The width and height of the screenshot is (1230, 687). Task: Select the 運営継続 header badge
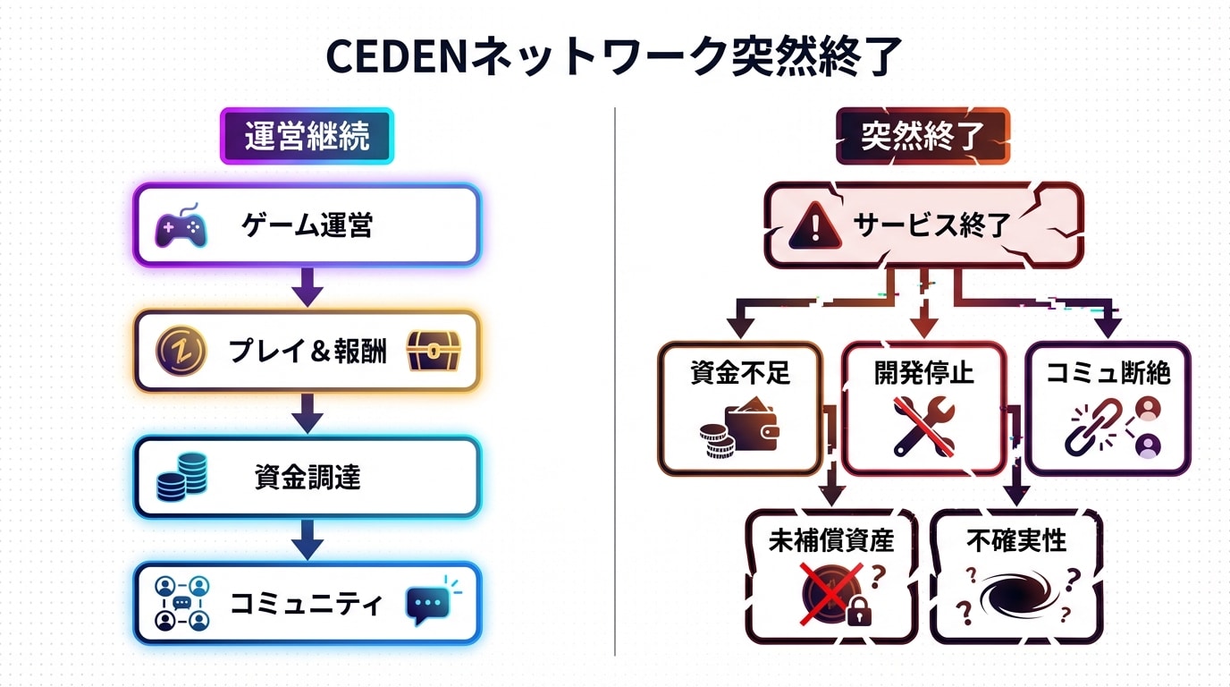pyautogui.click(x=307, y=136)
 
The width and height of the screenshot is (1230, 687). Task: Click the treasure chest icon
pyautogui.click(x=434, y=351)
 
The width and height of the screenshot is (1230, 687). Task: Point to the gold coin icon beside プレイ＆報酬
pyautogui.click(x=180, y=351)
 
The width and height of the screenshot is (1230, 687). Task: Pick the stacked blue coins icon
pyautogui.click(x=182, y=476)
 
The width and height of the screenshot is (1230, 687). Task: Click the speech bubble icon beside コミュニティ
pyautogui.click(x=426, y=603)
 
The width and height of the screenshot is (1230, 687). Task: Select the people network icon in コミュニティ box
pyautogui.click(x=181, y=603)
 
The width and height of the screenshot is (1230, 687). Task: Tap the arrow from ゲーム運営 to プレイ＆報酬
pyautogui.click(x=307, y=286)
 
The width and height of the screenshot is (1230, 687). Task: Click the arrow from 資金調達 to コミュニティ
pyautogui.click(x=307, y=539)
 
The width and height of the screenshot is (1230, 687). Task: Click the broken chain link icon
pyautogui.click(x=1093, y=428)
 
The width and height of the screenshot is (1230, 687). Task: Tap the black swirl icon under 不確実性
pyautogui.click(x=1017, y=594)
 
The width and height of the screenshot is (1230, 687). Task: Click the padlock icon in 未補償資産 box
pyautogui.click(x=858, y=611)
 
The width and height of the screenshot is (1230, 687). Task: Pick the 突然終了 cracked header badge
pyautogui.click(x=922, y=136)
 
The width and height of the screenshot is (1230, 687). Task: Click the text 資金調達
pyautogui.click(x=307, y=478)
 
